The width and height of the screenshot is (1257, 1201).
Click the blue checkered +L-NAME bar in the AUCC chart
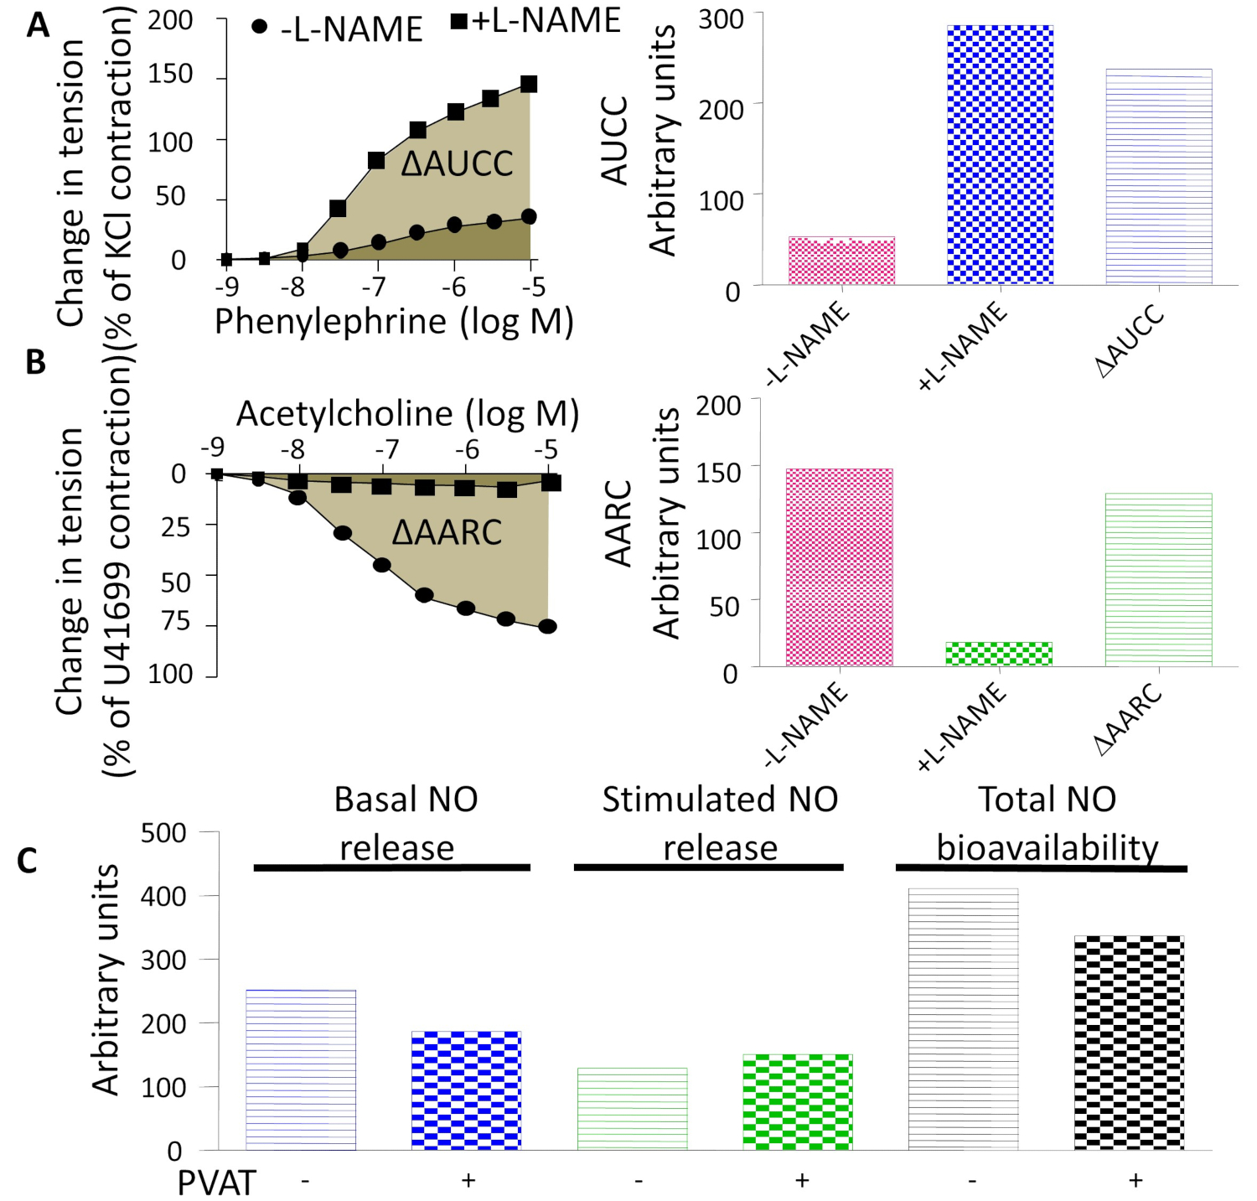[1000, 155]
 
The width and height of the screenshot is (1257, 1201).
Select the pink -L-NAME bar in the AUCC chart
[841, 261]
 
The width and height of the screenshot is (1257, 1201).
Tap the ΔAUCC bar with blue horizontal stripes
[1158, 177]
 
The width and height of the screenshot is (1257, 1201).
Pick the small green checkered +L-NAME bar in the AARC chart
[998, 654]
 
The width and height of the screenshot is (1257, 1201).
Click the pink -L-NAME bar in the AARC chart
[839, 567]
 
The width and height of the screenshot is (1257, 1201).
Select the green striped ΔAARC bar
[1158, 579]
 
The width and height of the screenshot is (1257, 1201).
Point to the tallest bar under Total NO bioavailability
[963, 1019]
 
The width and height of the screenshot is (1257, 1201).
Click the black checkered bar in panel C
[1129, 1043]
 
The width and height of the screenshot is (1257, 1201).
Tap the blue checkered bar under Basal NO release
[466, 1090]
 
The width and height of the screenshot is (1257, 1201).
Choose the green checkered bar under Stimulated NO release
[798, 1102]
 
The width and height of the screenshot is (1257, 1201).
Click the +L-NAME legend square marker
[459, 21]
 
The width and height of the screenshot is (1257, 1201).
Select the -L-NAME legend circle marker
[260, 27]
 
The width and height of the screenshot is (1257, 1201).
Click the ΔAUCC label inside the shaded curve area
[457, 164]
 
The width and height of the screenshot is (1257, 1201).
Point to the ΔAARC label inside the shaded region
[447, 533]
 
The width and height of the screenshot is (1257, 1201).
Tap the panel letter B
[35, 362]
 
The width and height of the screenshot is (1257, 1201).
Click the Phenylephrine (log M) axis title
[394, 322]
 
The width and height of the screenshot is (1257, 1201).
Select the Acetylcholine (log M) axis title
[407, 413]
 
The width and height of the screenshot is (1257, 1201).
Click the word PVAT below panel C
[216, 1183]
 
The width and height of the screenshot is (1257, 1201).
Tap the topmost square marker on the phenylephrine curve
[529, 84]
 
